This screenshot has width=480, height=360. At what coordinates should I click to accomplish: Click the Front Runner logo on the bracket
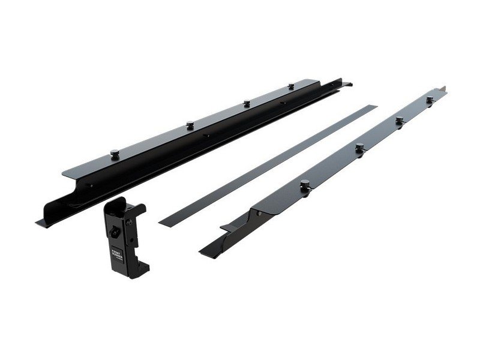click(116, 250)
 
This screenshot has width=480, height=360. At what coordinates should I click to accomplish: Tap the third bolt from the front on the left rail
click(245, 103)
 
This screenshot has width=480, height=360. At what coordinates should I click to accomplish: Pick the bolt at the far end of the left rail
click(291, 87)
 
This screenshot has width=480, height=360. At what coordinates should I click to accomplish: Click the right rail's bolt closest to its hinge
click(305, 183)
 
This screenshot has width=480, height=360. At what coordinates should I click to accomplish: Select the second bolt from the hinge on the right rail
click(359, 147)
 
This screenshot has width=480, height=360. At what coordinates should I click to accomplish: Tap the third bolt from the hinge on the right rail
click(398, 120)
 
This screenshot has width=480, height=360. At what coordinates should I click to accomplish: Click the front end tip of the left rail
click(41, 223)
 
